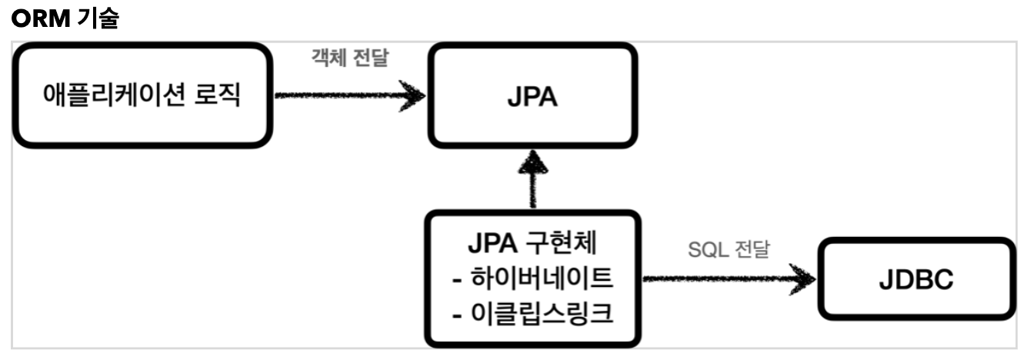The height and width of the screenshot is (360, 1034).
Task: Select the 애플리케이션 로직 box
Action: (140, 96)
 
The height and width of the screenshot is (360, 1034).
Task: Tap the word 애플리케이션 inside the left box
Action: (114, 97)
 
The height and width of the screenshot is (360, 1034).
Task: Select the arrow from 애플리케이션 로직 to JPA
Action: (346, 96)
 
